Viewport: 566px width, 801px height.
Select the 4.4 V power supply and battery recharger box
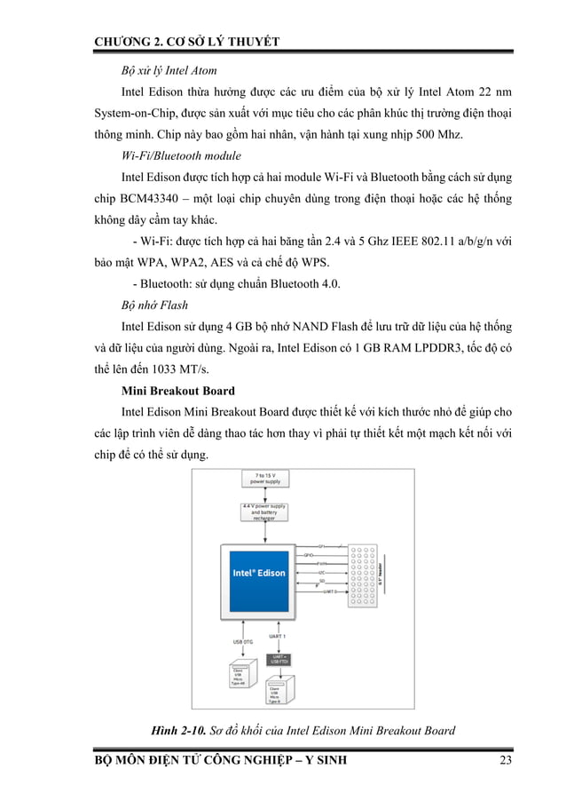[259, 513]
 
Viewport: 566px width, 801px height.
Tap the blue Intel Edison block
[258, 573]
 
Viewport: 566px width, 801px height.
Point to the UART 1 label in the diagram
[278, 637]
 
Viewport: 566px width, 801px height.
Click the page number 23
[507, 760]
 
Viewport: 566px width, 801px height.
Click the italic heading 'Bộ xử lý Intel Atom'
[169, 69]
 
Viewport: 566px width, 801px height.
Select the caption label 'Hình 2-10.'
[182, 731]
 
